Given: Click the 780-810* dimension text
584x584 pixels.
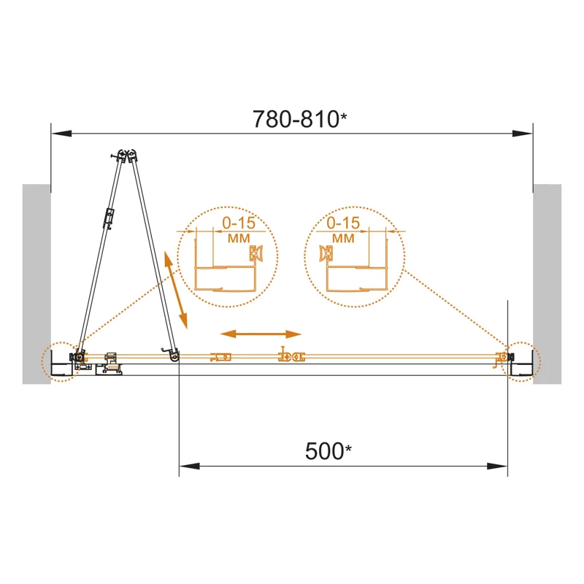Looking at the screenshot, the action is [300, 119].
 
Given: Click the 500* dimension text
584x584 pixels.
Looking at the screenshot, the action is [328, 451].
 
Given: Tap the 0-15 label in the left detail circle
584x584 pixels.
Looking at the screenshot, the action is [239, 223].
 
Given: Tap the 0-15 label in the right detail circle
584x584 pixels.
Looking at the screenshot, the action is [343, 223].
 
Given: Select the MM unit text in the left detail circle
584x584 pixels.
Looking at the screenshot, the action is [239, 239].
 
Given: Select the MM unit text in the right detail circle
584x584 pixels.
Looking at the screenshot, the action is [343, 239].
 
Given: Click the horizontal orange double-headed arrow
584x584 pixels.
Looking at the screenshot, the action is [261, 334].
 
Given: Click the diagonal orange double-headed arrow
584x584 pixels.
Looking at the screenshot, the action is [175, 290].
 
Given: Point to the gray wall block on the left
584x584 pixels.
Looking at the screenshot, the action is [36, 284].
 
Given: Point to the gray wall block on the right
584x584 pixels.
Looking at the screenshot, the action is [547, 284].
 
